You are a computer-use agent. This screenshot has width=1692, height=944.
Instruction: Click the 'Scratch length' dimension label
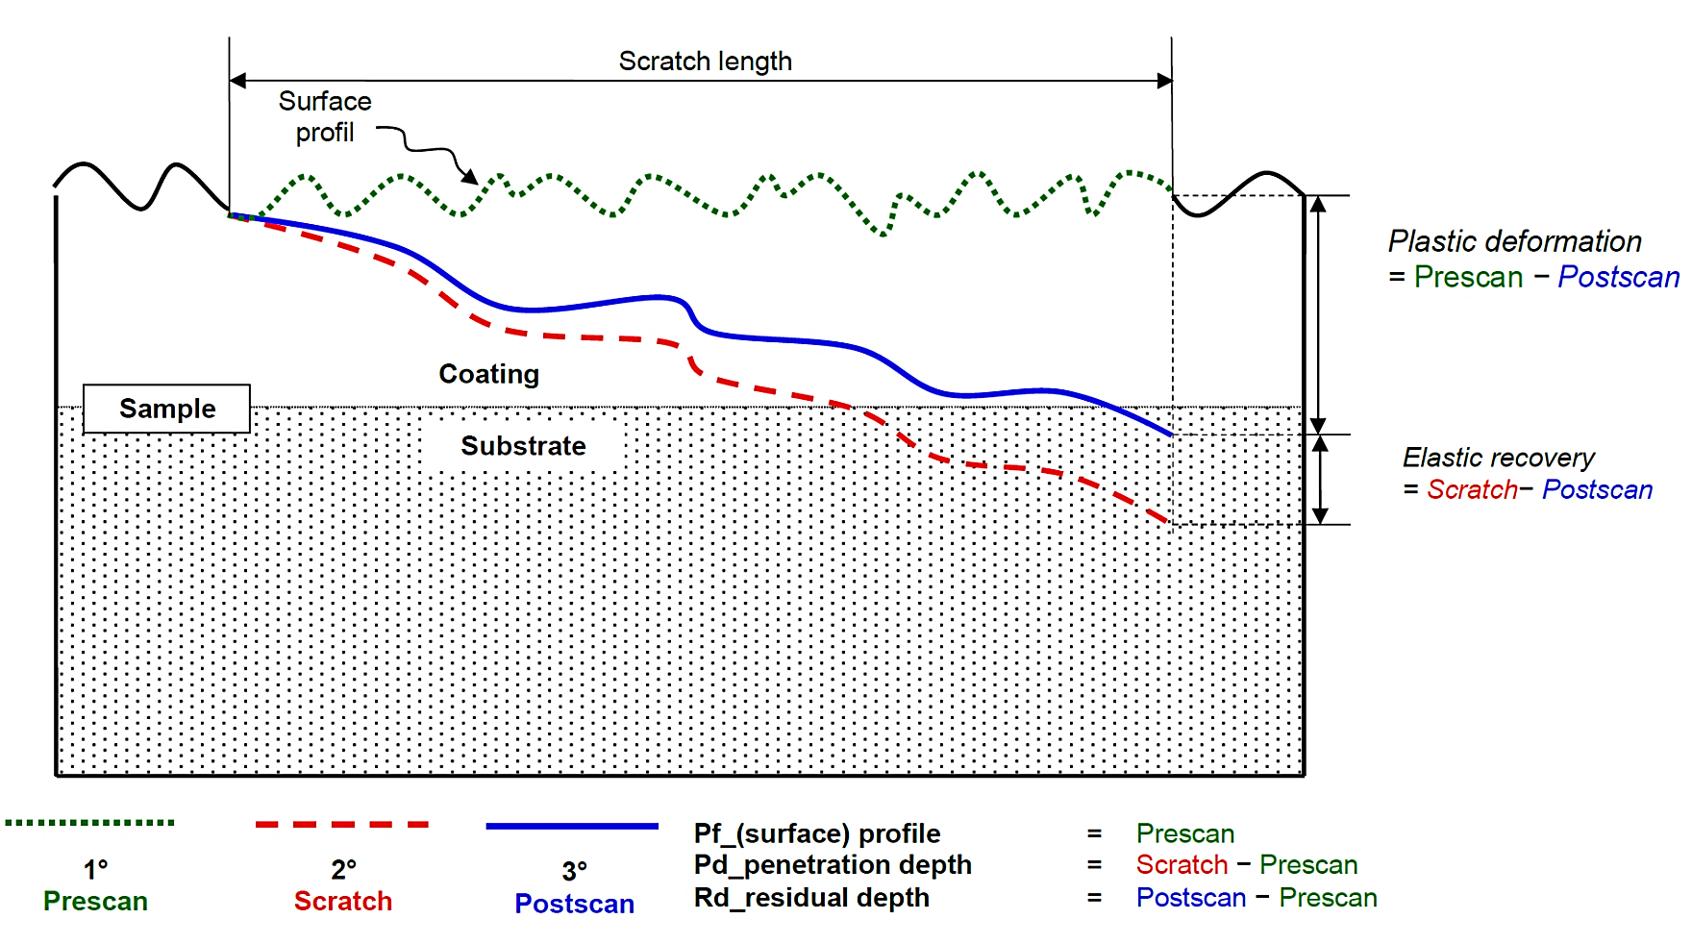[x=705, y=62]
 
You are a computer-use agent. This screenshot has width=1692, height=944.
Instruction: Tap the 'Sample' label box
[x=166, y=409]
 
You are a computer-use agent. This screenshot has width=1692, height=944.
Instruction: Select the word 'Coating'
[x=488, y=374]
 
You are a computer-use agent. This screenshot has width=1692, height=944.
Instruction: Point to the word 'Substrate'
[x=523, y=446]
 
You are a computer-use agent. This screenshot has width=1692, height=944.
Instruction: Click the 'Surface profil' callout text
[x=324, y=116]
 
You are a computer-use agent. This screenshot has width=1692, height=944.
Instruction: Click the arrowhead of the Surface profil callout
[x=470, y=177]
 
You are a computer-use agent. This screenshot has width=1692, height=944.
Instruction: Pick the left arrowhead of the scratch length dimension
[x=237, y=81]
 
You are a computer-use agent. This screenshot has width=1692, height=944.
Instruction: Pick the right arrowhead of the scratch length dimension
[x=1164, y=81]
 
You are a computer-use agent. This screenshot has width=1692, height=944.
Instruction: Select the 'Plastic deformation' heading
[x=1514, y=241]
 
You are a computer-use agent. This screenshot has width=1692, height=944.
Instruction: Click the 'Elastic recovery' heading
[x=1498, y=458]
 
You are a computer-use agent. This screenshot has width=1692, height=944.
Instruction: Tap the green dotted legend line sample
[x=89, y=823]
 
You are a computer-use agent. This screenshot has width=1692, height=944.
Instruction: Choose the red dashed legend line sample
[x=341, y=825]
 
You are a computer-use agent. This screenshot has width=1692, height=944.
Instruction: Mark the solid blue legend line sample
[x=572, y=826]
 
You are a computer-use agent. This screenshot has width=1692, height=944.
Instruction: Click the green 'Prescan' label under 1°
[x=95, y=902]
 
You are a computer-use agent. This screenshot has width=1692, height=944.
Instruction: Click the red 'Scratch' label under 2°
[x=343, y=902]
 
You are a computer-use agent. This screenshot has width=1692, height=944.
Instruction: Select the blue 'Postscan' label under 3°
[x=574, y=904]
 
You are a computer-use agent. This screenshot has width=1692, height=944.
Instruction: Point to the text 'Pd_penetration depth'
[x=833, y=865]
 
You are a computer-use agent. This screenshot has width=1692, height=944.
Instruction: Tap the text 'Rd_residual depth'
[x=811, y=898]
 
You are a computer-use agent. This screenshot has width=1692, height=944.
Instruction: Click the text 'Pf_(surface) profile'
[x=817, y=833]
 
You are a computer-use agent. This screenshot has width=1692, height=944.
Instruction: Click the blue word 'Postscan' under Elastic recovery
[x=1597, y=489]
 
